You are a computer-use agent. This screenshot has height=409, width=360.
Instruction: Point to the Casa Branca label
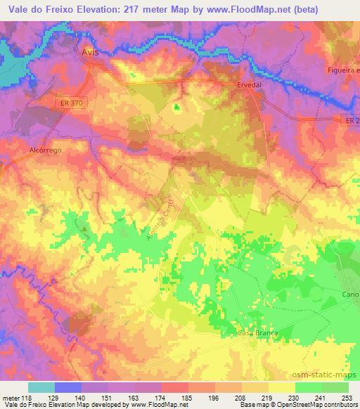pyautogui.click(x=258, y=332)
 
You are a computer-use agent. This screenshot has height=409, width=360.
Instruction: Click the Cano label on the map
pyautogui.click(x=350, y=294)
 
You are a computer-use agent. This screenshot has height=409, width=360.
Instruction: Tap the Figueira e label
pyautogui.click(x=343, y=71)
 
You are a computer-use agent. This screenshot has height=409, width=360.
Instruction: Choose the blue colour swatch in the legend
pyautogui.click(x=67, y=387)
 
